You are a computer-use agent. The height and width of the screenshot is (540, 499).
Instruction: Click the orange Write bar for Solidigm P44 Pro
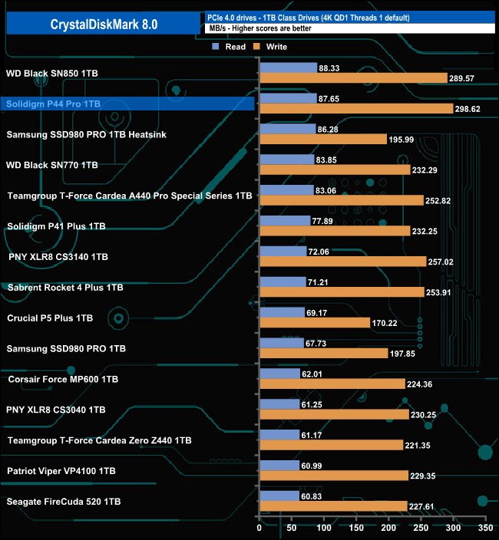(356, 109)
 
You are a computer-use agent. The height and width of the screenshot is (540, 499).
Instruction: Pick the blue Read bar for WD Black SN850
(289, 67)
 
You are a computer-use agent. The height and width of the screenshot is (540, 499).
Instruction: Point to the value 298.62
(471, 109)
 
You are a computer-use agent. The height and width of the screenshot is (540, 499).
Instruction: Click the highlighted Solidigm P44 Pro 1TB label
(54, 104)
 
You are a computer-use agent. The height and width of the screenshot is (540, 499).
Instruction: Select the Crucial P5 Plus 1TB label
(50, 318)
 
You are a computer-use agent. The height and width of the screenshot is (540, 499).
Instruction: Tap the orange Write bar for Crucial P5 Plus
(315, 323)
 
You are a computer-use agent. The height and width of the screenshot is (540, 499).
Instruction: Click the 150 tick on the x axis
(357, 528)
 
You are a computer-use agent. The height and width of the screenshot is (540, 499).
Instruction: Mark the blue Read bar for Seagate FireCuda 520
(279, 496)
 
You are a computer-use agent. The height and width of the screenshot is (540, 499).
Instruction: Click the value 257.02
(446, 262)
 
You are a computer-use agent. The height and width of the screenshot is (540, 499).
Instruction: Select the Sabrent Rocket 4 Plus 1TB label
(65, 288)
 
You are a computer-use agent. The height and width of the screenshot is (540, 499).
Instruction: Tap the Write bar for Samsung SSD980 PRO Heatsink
(323, 139)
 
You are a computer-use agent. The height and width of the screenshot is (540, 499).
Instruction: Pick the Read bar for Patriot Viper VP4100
(279, 465)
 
